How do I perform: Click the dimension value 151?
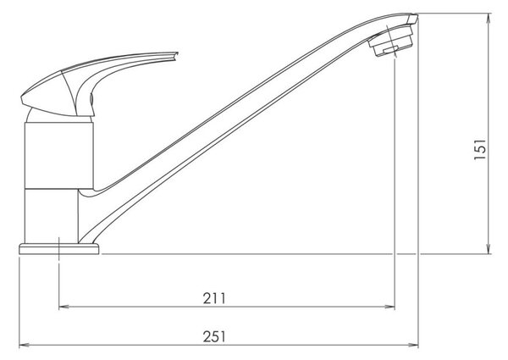480,149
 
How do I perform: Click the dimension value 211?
214,298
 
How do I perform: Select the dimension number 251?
214,336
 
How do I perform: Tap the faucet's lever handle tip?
175,54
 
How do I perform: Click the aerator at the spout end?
391,42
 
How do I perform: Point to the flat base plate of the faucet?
59,249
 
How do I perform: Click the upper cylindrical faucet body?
59,156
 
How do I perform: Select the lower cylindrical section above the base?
52,216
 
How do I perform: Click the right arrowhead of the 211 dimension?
390,307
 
